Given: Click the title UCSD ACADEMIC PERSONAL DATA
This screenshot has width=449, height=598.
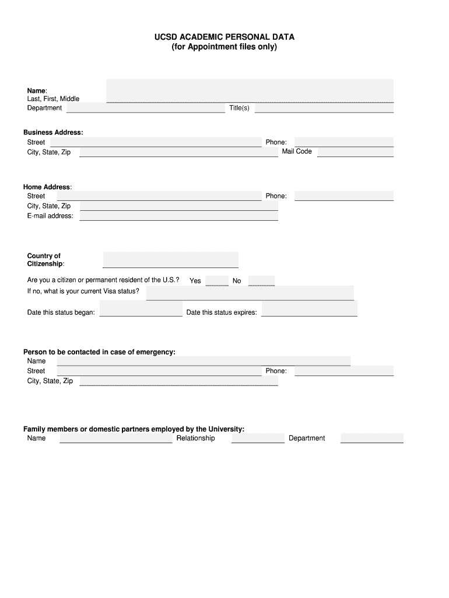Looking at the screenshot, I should [224, 37].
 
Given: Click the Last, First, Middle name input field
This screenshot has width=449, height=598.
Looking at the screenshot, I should [250, 91].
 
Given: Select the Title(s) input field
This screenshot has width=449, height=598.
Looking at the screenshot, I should [324, 108].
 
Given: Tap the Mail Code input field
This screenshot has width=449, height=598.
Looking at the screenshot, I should [355, 152].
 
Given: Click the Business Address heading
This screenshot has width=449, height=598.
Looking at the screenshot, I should [53, 133].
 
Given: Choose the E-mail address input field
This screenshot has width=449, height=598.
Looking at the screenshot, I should [178, 216].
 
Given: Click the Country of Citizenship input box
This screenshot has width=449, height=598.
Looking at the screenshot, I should [170, 260].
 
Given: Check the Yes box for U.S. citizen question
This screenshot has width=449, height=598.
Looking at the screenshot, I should [218, 280].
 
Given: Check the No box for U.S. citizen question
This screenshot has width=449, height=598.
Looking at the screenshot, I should [261, 280].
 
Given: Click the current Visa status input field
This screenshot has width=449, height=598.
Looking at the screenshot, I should [250, 293].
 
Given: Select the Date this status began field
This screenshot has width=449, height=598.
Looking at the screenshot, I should [141, 308].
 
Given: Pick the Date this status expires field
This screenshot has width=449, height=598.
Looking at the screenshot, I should [309, 308].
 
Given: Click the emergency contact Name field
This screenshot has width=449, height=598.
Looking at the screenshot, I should [204, 361].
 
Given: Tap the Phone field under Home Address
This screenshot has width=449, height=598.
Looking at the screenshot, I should [344, 196].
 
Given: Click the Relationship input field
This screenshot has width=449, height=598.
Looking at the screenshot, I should [258, 438].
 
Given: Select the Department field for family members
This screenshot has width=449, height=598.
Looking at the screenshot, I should [371, 438].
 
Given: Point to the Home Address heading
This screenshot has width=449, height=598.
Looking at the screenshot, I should [47, 187].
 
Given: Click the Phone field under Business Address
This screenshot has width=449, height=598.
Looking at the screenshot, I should [344, 142].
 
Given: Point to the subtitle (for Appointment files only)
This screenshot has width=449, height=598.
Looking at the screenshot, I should [224, 47].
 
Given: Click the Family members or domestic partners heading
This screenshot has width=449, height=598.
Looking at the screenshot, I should [134, 429].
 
